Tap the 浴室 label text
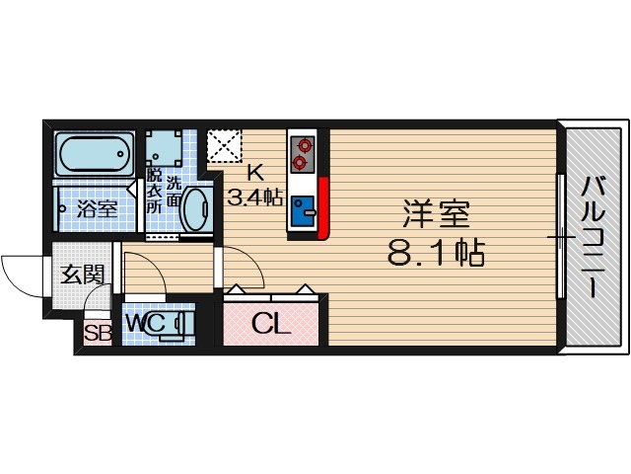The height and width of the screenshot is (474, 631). [98, 209]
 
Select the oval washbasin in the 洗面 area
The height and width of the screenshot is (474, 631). [197, 208]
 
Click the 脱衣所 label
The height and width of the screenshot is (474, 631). [154, 192]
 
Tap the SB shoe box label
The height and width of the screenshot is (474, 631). [97, 333]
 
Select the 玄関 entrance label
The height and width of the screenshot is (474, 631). [82, 274]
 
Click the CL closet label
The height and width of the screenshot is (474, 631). [270, 323]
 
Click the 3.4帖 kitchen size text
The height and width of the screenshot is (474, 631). [255, 197]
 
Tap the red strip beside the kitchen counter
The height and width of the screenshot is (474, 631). [323, 207]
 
